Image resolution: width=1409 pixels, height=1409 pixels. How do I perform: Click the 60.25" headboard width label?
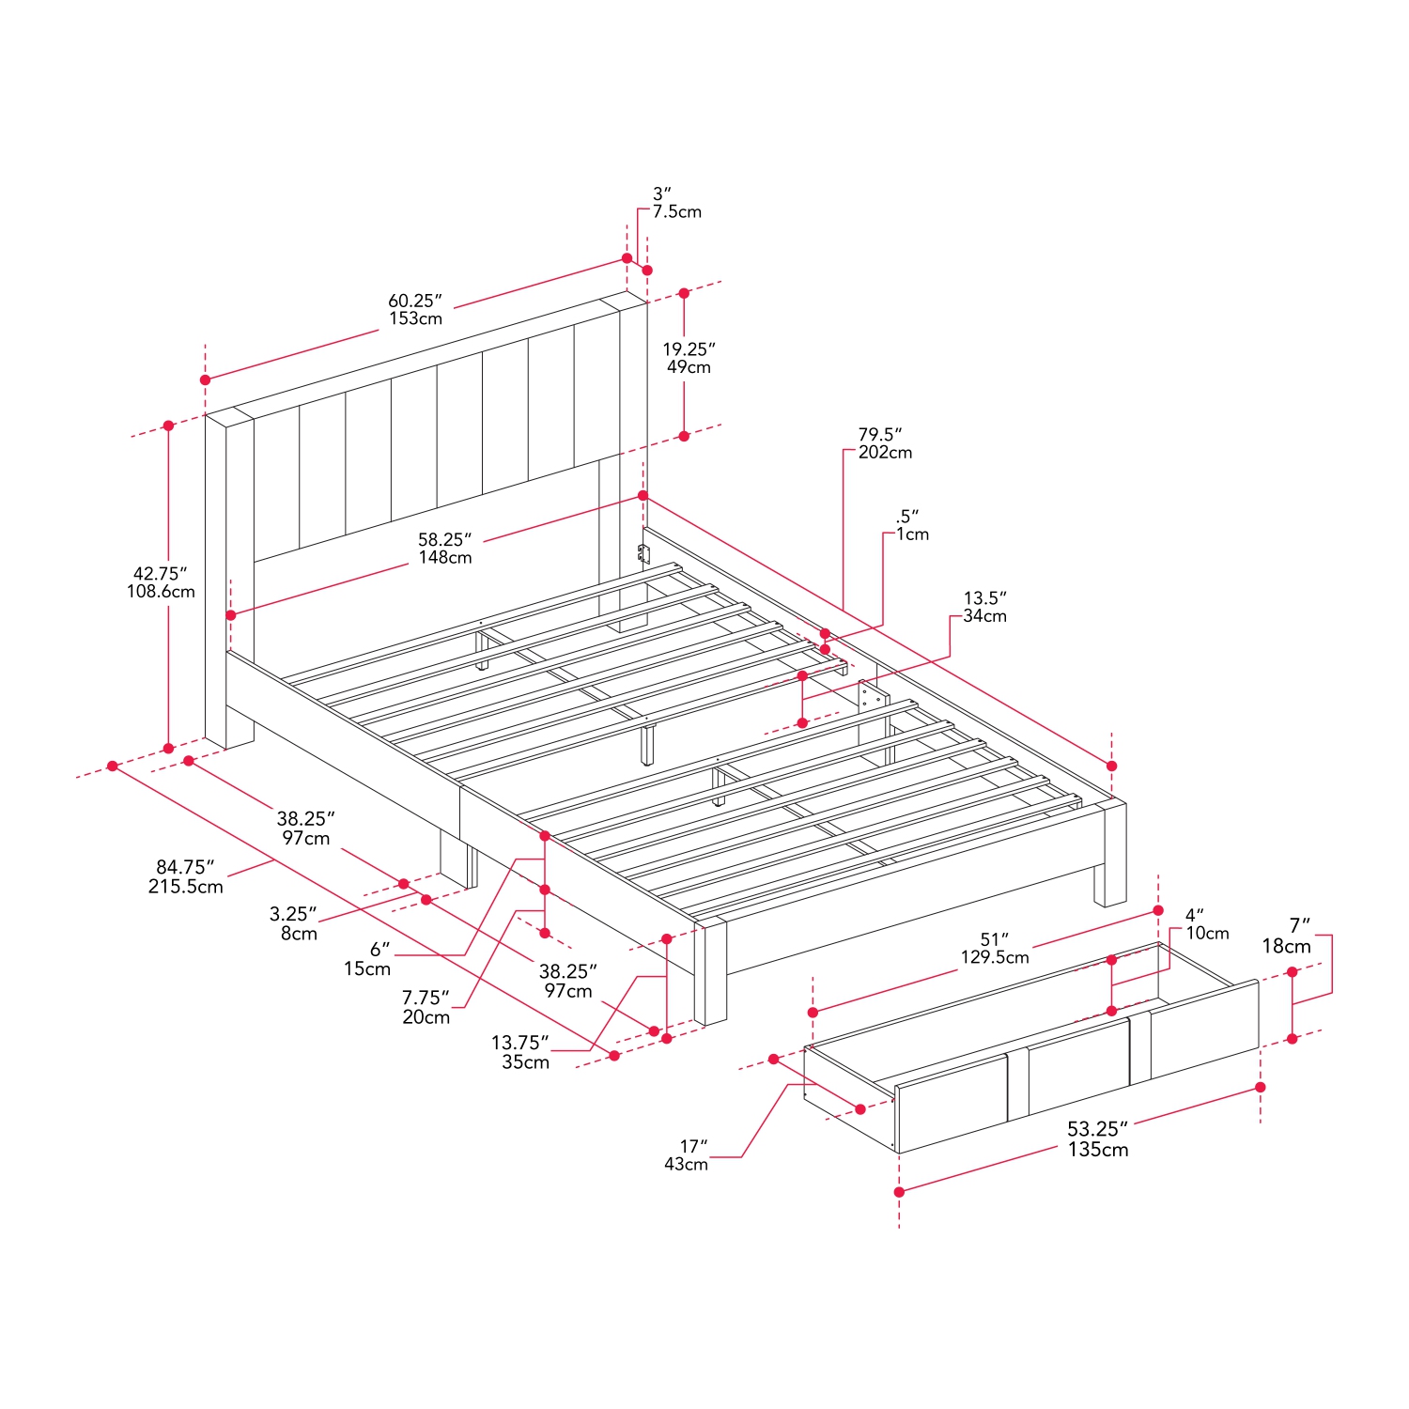tap(414, 301)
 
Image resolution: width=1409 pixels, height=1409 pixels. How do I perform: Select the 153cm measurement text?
tap(416, 319)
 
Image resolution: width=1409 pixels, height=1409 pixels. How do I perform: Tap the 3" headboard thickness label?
tap(662, 194)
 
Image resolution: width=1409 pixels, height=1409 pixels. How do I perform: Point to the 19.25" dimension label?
tap(689, 349)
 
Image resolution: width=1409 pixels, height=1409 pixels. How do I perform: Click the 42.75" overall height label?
tap(160, 573)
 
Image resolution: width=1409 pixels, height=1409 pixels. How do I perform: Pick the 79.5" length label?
tap(880, 434)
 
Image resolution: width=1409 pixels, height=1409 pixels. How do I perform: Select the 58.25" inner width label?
tap(444, 539)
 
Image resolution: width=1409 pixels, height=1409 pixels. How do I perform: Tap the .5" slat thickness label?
tap(907, 516)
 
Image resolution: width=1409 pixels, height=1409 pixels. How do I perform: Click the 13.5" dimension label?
tap(984, 597)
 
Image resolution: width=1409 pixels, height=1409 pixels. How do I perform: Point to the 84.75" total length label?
tap(185, 867)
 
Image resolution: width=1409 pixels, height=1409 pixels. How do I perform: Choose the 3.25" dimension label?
tap(293, 914)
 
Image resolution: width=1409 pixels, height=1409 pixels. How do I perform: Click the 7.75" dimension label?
tap(426, 998)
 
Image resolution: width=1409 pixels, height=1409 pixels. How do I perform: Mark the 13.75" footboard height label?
tap(519, 1043)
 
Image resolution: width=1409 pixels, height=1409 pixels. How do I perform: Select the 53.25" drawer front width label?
tap(1097, 1129)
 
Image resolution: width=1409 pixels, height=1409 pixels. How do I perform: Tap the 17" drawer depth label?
tap(693, 1146)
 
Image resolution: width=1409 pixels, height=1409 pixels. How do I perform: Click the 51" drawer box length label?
tap(994, 939)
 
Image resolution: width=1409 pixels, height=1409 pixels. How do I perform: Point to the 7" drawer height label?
tap(1299, 926)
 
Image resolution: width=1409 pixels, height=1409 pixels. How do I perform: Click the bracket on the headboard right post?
tap(643, 554)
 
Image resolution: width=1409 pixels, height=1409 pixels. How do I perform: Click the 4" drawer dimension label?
tap(1194, 915)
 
